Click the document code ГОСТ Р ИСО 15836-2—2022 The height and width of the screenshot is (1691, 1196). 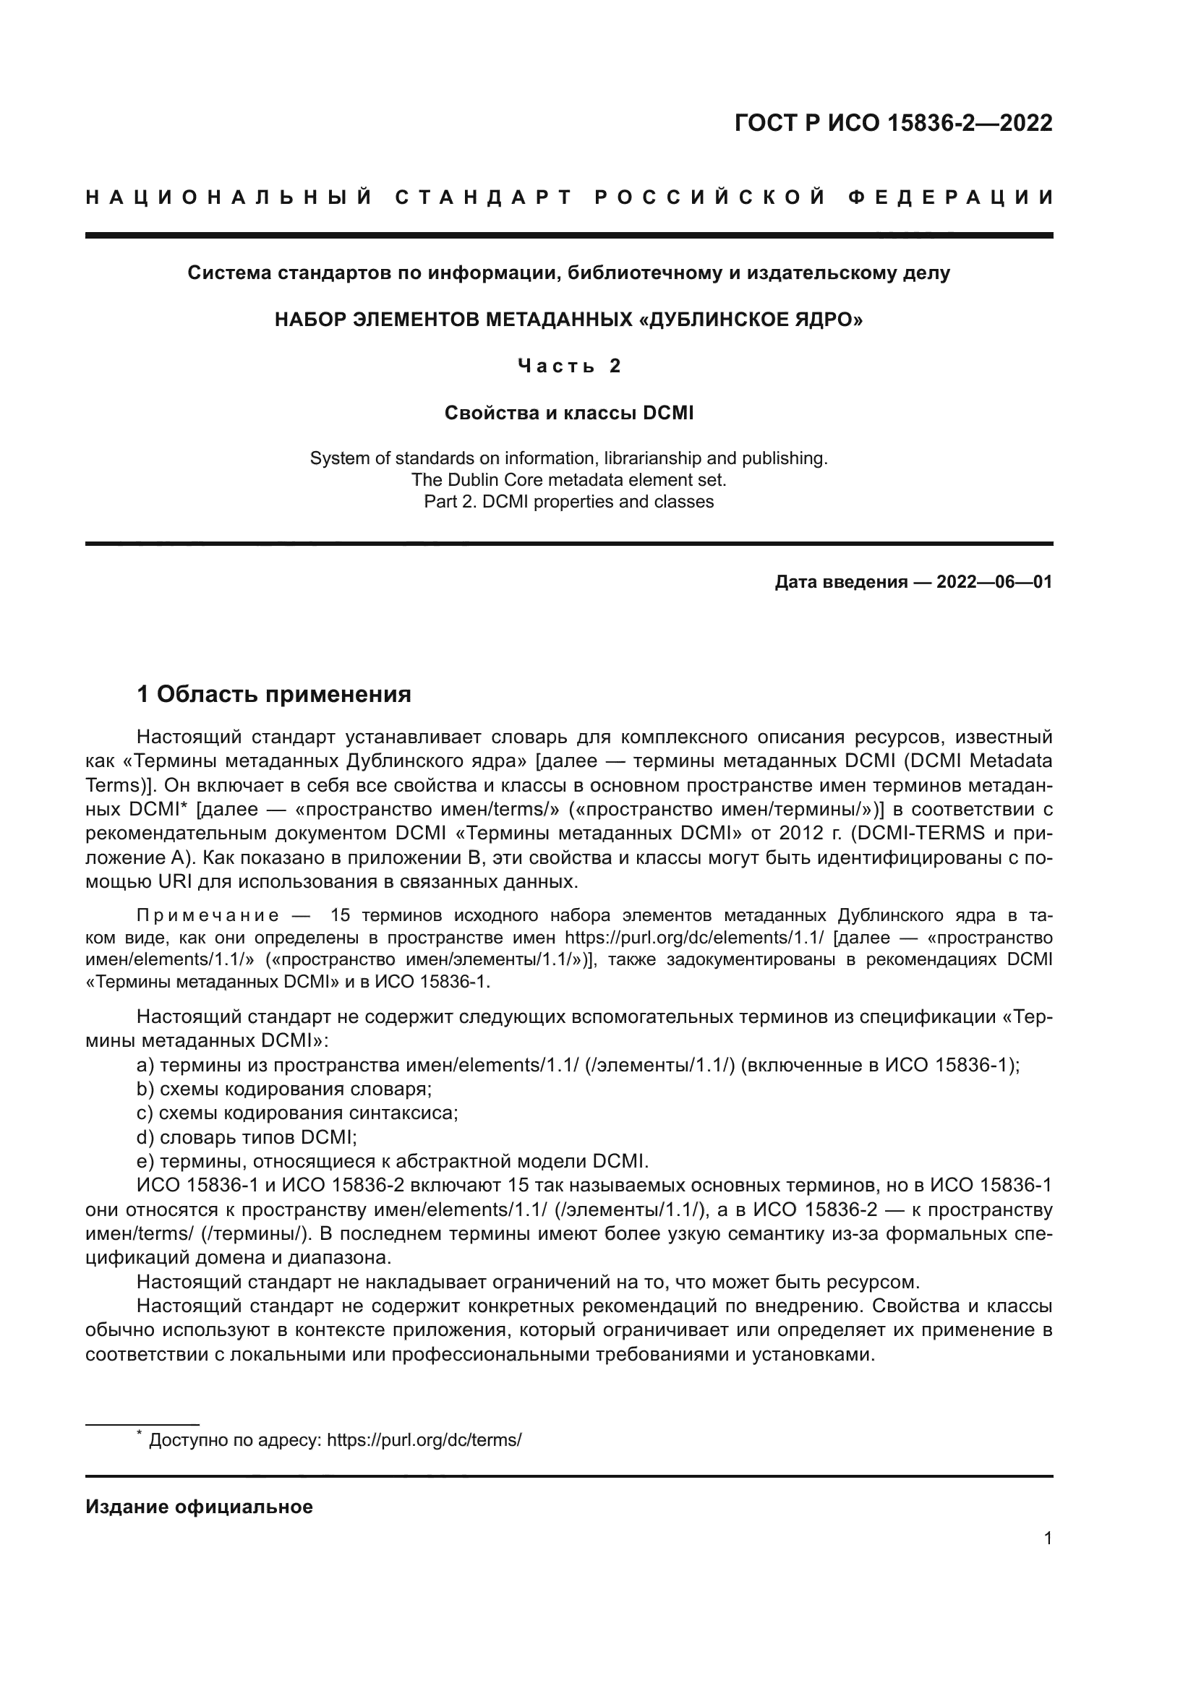tap(892, 123)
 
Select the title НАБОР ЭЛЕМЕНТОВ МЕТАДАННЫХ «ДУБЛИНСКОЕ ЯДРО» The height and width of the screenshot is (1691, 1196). tap(568, 320)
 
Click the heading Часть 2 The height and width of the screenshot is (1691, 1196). tap(569, 366)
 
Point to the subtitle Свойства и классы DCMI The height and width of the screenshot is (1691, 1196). tap(568, 414)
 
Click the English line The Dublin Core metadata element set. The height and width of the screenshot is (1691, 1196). tap(568, 480)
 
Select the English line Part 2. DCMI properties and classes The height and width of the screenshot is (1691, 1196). tap(568, 502)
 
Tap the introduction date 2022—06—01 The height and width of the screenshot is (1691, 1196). tap(994, 582)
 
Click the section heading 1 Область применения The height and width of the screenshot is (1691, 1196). tap(274, 694)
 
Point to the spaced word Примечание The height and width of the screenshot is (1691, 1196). tap(208, 915)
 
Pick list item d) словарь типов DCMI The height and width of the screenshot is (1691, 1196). tap(247, 1137)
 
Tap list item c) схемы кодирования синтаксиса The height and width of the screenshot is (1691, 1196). tap(297, 1113)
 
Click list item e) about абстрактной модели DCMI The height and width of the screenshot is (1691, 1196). tap(393, 1162)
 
